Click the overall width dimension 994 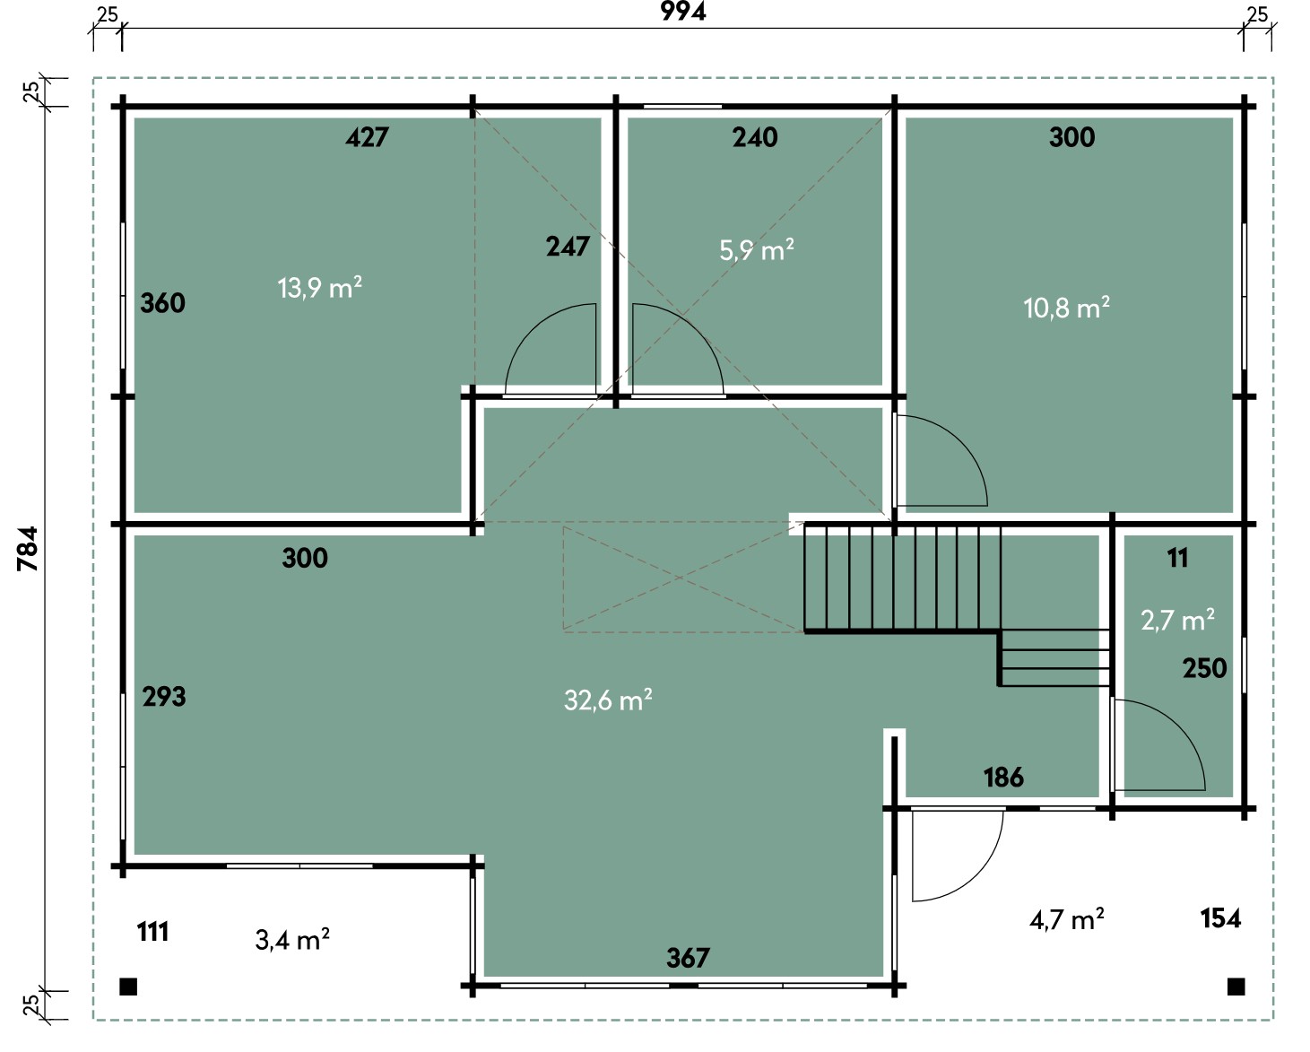pyautogui.click(x=683, y=11)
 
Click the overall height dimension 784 pyautogui.click(x=29, y=549)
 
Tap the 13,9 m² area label pyautogui.click(x=319, y=287)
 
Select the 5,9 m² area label pyautogui.click(x=757, y=249)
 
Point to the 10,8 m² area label pyautogui.click(x=1066, y=308)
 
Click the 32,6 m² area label pyautogui.click(x=608, y=700)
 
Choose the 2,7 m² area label pyautogui.click(x=1177, y=620)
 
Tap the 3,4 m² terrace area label pyautogui.click(x=292, y=939)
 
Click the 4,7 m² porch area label pyautogui.click(x=1066, y=919)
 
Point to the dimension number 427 pyautogui.click(x=367, y=137)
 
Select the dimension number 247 pyautogui.click(x=568, y=247)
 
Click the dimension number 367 pyautogui.click(x=688, y=958)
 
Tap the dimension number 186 pyautogui.click(x=1004, y=778)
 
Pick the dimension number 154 pyautogui.click(x=1220, y=918)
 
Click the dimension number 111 pyautogui.click(x=152, y=932)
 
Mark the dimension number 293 pyautogui.click(x=164, y=697)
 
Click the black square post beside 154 pyautogui.click(x=1236, y=987)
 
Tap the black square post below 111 pyautogui.click(x=128, y=987)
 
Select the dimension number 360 pyautogui.click(x=162, y=303)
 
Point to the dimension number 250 pyautogui.click(x=1205, y=668)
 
